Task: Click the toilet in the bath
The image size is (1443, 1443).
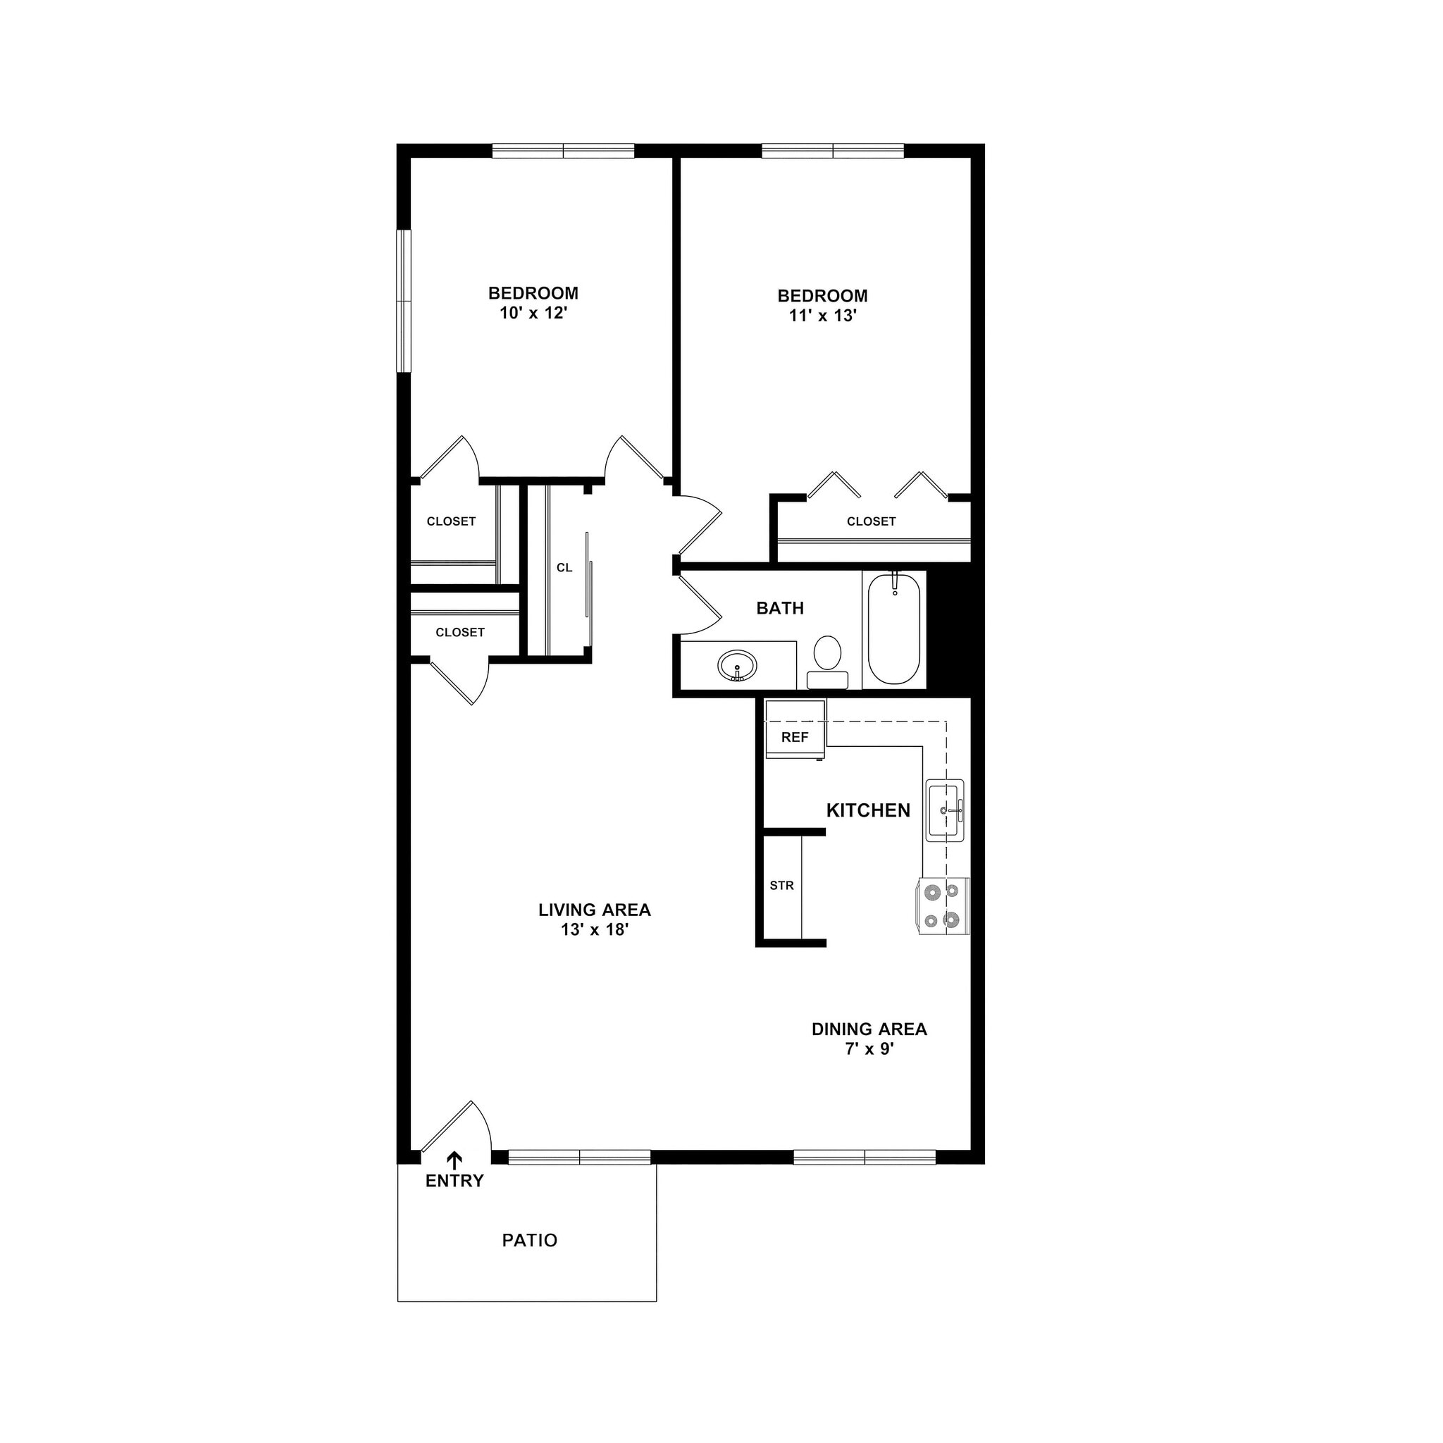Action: (x=826, y=657)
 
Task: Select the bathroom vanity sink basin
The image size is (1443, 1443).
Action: (x=737, y=664)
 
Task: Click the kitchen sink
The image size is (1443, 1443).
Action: (x=945, y=810)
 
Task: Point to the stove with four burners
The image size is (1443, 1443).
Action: (x=943, y=905)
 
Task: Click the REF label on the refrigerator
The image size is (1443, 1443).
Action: (x=795, y=737)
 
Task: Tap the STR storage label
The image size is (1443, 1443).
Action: (x=781, y=885)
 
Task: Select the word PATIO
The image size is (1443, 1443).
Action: (x=530, y=1241)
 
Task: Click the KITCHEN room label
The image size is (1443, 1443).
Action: (x=868, y=810)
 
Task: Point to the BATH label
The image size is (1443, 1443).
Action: (x=780, y=608)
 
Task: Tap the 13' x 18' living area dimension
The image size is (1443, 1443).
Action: (x=595, y=930)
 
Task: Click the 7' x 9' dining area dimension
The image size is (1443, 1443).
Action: (x=869, y=1048)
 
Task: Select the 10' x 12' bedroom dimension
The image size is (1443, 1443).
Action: (x=533, y=313)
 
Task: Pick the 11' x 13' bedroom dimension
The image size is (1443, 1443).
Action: (x=822, y=316)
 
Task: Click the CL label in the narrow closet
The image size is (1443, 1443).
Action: (x=564, y=568)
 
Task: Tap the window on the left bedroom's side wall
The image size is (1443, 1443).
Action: (x=404, y=300)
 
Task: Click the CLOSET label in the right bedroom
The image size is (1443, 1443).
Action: (x=871, y=521)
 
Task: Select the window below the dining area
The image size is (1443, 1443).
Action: (x=864, y=1157)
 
